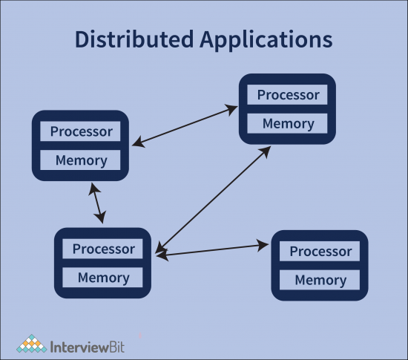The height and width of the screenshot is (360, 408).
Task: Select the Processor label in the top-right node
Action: (x=288, y=95)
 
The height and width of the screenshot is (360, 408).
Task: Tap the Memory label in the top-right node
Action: (x=288, y=123)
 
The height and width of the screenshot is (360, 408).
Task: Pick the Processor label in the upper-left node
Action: (x=81, y=132)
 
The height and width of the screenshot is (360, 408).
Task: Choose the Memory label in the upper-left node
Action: (x=81, y=160)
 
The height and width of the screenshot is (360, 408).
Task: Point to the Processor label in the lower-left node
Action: (x=104, y=249)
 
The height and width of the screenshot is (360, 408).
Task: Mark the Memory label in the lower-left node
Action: (x=104, y=278)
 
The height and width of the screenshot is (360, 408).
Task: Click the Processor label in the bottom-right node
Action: (x=320, y=252)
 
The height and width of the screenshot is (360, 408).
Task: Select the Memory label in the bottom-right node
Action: (x=320, y=280)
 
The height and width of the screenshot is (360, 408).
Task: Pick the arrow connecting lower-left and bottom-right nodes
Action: (x=211, y=249)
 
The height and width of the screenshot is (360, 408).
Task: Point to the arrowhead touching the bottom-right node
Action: (x=263, y=244)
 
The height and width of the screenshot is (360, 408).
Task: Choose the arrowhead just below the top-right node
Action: (x=266, y=151)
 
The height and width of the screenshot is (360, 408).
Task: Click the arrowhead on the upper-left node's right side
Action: (x=136, y=142)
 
